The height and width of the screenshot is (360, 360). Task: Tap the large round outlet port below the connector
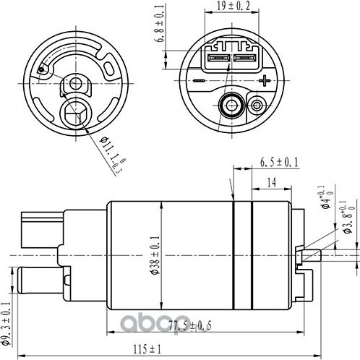[231, 105]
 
